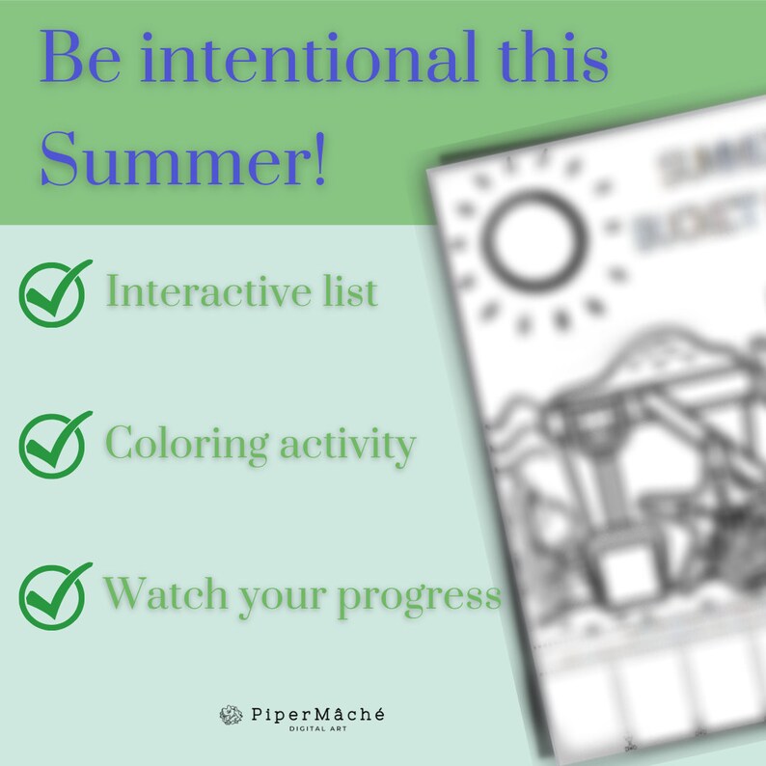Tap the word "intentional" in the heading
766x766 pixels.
click(289, 60)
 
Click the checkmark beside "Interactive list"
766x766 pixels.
click(54, 291)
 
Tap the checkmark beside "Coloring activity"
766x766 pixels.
click(54, 444)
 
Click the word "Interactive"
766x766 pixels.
click(206, 291)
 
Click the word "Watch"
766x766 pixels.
click(158, 592)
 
